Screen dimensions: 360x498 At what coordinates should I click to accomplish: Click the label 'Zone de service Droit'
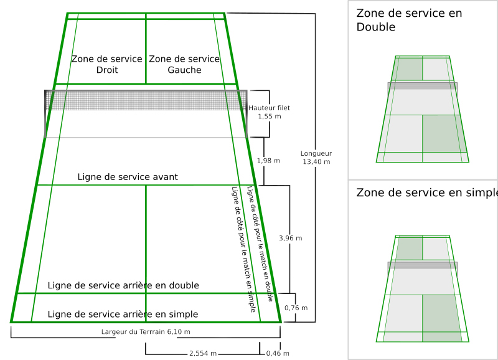[107, 64]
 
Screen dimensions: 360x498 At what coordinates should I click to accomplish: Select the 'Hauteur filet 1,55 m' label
[269, 112]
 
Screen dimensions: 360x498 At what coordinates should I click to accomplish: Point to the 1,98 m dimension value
[268, 161]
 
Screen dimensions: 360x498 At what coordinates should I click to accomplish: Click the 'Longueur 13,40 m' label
[316, 158]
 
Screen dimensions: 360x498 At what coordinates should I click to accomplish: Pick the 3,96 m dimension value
[290, 239]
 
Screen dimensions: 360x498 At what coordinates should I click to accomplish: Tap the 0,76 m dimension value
[296, 308]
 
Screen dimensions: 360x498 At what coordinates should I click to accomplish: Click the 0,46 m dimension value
[276, 354]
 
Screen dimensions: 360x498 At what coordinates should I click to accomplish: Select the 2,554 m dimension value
[203, 354]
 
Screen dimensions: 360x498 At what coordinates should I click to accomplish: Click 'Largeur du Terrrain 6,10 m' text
[146, 332]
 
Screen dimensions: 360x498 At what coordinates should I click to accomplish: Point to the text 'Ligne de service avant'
[128, 178]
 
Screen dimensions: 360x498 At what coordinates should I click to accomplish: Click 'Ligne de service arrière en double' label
[123, 286]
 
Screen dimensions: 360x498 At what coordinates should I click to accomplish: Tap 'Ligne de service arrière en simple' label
[123, 314]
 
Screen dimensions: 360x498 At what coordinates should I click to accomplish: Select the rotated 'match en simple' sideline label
[243, 249]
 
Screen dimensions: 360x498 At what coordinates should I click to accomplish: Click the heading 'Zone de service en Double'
[409, 20]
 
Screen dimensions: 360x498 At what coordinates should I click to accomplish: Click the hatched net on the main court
[146, 100]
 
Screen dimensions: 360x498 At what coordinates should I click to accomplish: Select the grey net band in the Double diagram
[423, 86]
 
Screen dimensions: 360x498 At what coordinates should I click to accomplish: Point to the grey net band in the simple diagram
[423, 265]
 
